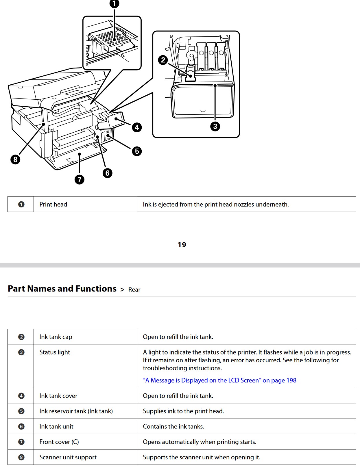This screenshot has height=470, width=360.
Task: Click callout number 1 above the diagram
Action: [114, 3]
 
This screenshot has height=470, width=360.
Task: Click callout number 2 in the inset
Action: [163, 60]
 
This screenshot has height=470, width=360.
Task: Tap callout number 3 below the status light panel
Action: [215, 126]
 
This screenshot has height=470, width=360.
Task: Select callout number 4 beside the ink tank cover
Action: [137, 127]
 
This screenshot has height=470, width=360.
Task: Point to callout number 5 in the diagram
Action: [137, 151]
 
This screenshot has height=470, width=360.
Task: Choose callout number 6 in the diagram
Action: [107, 173]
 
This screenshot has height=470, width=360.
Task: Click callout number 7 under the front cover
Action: [80, 179]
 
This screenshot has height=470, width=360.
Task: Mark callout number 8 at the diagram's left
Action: [15, 159]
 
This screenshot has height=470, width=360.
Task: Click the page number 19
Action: [182, 245]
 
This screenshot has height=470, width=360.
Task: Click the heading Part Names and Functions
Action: [62, 289]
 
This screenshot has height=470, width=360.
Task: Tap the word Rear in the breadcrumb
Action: [134, 289]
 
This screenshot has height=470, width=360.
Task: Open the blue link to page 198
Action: [219, 380]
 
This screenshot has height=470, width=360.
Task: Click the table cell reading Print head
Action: [53, 204]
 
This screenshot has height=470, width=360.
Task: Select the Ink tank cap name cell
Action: [56, 337]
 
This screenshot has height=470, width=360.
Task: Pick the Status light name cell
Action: [55, 352]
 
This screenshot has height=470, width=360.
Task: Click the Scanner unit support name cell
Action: [68, 457]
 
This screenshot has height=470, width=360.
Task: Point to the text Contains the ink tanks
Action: [173, 426]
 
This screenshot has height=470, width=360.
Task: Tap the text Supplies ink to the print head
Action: [183, 411]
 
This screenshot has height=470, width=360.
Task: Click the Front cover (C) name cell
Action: [59, 442]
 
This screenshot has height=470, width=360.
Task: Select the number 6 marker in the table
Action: [21, 427]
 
